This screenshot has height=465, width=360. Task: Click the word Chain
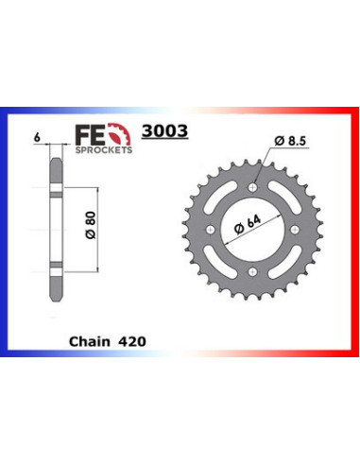point(87,335)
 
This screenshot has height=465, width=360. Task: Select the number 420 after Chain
point(133,335)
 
